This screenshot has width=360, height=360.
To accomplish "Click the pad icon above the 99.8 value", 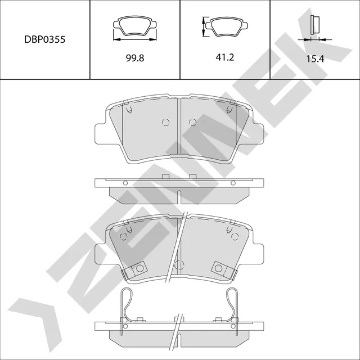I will pos(135,27).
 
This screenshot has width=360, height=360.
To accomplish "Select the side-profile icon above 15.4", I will pos(315,25).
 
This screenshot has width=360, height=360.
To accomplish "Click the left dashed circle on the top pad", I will pos(165,123).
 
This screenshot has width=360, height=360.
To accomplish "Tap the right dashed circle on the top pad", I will pos(192,123).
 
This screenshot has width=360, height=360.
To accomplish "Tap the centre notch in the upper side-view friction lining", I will pos(179,197).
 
